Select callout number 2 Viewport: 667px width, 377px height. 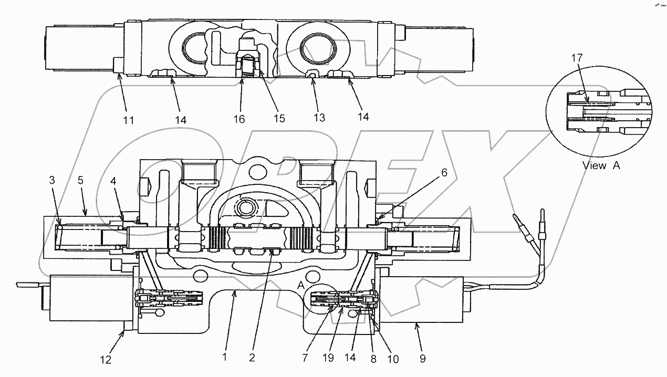point(253,358)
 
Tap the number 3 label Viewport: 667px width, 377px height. point(51,180)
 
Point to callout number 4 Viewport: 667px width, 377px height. point(113,180)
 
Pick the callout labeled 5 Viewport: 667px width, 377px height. point(80,180)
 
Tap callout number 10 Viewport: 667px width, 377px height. point(392,359)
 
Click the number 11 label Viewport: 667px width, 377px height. point(129,120)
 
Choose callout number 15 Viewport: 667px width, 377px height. point(279,119)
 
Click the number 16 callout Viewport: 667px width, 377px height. point(239,120)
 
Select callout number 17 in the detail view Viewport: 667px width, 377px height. point(577,59)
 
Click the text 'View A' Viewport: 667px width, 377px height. point(601,165)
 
